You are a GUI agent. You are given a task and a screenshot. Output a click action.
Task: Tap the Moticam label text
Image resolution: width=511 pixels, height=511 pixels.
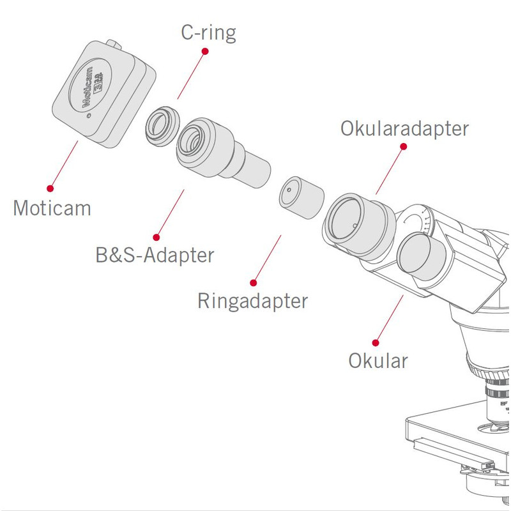[x=52, y=208]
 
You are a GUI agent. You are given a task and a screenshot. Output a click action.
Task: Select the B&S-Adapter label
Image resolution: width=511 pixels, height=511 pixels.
[x=151, y=256]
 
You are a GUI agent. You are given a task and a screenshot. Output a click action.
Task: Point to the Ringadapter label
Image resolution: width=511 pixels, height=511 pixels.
[x=252, y=301]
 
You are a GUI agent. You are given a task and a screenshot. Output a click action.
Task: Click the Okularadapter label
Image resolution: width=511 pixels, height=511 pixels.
[x=404, y=128]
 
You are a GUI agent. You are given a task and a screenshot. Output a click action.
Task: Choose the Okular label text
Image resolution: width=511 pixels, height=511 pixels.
[x=378, y=360]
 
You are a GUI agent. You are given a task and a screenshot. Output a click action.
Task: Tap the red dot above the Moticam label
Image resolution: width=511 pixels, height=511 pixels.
[x=50, y=188]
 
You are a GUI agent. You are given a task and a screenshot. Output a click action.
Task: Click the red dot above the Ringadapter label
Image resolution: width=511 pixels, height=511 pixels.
[x=254, y=282]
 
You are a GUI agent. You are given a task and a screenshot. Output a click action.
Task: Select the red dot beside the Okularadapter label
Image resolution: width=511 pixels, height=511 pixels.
[x=403, y=146]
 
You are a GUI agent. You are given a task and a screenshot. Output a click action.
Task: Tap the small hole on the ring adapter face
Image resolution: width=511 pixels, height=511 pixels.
[x=289, y=190]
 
